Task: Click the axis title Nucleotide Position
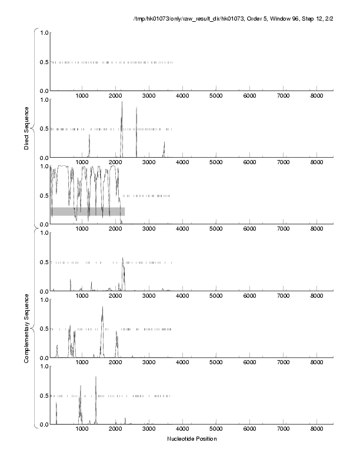point(192,439)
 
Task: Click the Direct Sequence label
point(27,127)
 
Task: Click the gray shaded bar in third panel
point(88,211)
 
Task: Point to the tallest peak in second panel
point(122,102)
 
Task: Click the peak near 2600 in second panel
point(136,108)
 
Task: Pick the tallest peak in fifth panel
point(102,307)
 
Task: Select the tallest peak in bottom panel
point(95,377)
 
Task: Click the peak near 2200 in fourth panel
point(122,259)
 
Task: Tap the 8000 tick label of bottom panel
point(316,430)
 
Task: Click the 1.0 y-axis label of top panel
point(43,32)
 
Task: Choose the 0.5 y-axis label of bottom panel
point(43,395)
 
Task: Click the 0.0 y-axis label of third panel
point(43,224)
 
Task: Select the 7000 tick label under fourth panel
point(283,296)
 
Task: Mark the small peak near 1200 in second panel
point(89,135)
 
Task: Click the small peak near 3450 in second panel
point(164,142)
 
